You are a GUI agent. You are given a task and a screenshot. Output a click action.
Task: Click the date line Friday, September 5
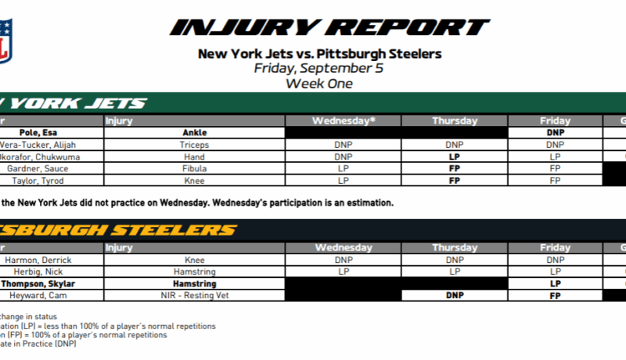[319, 68]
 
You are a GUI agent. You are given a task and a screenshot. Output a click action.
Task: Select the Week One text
[319, 83]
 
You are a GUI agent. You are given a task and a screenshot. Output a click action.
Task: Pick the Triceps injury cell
[194, 145]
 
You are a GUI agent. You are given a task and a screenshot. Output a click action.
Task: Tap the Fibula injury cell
[194, 168]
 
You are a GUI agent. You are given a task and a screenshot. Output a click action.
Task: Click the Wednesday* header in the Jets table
[343, 121]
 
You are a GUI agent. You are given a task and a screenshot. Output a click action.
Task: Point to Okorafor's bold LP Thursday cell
[454, 157]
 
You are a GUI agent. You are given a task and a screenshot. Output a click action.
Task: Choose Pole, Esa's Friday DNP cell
[556, 133]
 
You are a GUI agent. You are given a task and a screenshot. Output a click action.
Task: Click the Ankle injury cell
[194, 133]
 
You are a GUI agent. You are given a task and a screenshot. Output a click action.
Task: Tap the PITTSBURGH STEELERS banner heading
[117, 230]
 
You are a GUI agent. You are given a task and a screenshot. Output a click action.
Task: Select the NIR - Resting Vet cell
[194, 296]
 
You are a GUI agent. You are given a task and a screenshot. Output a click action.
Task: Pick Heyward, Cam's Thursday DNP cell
[454, 296]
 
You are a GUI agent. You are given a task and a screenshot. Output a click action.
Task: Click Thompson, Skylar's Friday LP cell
[556, 284]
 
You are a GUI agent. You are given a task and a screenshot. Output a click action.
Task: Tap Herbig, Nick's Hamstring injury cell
[194, 272]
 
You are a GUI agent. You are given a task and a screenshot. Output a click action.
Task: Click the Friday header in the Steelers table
[556, 248]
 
